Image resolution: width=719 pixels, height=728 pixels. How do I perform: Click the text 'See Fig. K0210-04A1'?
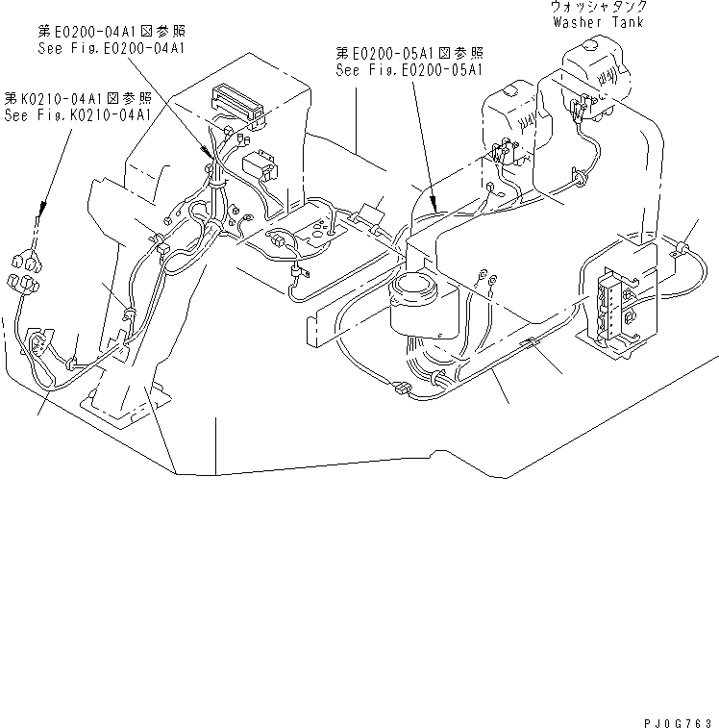(x=80, y=114)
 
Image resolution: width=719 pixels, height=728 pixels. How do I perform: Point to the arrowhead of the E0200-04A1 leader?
(x=210, y=154)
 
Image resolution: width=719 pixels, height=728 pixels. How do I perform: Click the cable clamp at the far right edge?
(x=685, y=248)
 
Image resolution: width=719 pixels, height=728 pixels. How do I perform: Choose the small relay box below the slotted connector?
(x=260, y=166)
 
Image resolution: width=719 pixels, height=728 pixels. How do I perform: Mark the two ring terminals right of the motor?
(x=485, y=280)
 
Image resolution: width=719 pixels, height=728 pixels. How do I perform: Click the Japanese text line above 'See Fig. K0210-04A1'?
(x=79, y=98)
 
